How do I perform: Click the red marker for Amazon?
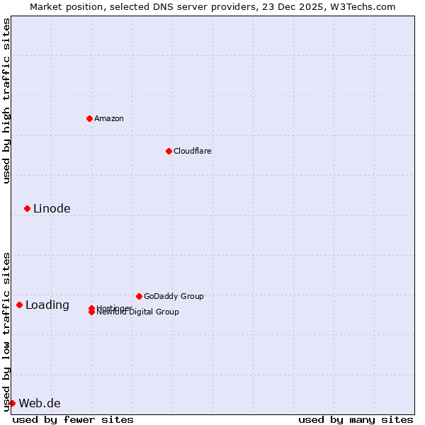89,118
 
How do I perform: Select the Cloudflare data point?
169,151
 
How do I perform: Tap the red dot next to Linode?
27,208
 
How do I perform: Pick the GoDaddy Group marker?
139,296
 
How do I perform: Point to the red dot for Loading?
19,305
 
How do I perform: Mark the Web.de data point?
12,403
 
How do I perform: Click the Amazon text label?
108,118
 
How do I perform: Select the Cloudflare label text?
192,151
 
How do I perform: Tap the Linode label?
52,208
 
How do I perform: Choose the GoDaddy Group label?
174,296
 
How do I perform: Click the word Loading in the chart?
47,305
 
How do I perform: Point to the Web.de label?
40,404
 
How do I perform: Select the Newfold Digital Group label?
139,312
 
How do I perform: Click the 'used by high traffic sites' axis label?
6,101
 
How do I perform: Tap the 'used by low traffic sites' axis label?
6,331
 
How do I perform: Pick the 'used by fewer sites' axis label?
73,419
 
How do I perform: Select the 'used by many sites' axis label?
356,419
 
